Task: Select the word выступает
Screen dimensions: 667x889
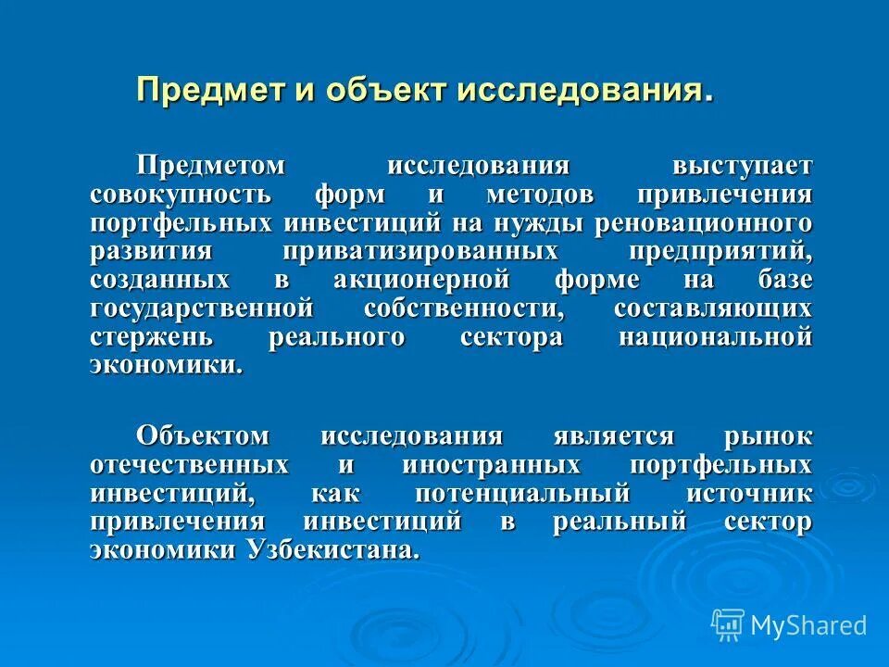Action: (743, 167)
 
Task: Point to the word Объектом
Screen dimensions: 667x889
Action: (203, 436)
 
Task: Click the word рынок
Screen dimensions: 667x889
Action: (769, 436)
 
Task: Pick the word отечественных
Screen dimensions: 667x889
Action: (189, 464)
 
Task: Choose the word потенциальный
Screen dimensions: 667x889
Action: (522, 493)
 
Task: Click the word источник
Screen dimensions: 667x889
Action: (750, 493)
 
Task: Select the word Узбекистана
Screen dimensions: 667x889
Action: (332, 549)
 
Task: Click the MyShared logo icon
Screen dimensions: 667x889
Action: (729, 623)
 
